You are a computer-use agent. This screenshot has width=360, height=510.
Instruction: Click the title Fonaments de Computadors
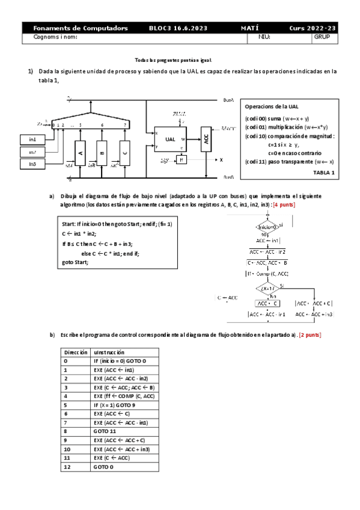(x=81, y=28)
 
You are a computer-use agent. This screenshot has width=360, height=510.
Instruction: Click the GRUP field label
(x=322, y=37)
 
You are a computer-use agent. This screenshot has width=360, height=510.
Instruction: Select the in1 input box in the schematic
(x=32, y=140)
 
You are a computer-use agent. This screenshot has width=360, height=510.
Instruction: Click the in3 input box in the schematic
(x=32, y=164)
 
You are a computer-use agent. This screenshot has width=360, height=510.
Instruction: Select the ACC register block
(x=206, y=140)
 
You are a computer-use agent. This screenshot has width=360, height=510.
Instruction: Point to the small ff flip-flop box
(x=181, y=160)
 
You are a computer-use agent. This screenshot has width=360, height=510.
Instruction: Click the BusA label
(x=228, y=100)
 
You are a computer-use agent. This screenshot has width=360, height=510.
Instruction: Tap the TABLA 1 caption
(x=324, y=173)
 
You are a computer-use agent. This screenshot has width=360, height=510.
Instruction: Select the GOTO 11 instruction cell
(x=105, y=431)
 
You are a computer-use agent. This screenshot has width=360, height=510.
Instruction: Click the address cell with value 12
(x=67, y=466)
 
